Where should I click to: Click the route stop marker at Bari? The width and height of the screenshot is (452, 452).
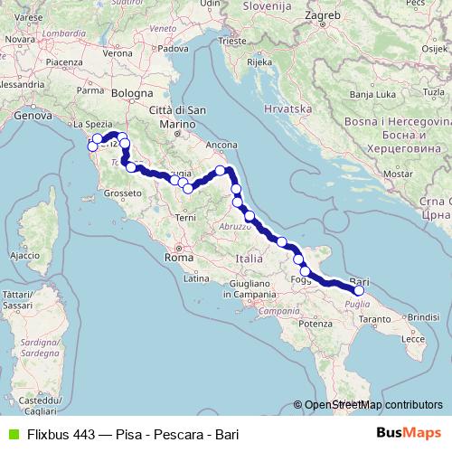359,290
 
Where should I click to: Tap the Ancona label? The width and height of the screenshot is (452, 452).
221,144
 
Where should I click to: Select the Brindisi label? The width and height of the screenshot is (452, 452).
421,317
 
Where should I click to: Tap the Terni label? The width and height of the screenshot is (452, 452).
185,218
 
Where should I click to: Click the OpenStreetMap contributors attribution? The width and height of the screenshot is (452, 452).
372,406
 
